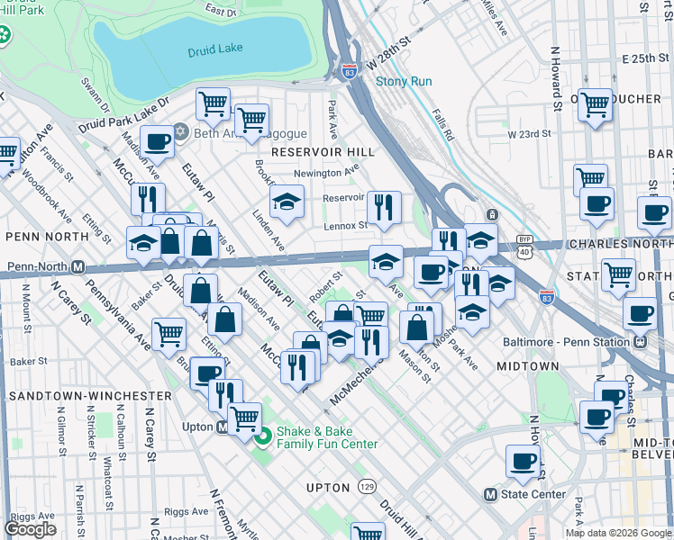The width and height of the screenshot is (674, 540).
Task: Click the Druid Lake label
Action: (214, 51)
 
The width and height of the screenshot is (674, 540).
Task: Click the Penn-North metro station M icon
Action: (78, 267)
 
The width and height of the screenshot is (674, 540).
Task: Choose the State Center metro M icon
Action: (490, 494)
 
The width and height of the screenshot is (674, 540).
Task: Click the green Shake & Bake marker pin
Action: (263, 438)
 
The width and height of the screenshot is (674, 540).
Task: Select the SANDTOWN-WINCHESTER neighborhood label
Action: (88, 395)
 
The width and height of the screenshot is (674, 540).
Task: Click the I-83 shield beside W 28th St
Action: (348, 73)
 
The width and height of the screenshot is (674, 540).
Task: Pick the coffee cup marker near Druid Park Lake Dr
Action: (157, 142)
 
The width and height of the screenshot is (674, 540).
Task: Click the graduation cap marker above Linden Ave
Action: (287, 202)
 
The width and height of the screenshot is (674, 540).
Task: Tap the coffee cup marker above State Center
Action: (523, 461)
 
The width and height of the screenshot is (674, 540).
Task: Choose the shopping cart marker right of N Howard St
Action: (595, 104)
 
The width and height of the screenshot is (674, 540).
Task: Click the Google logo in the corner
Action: (30, 529)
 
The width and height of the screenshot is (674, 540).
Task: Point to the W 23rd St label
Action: (528, 134)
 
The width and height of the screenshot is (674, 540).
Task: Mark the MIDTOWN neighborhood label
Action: (528, 366)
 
